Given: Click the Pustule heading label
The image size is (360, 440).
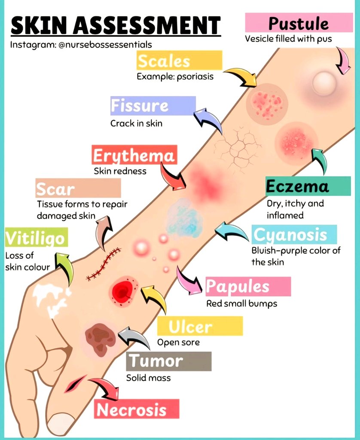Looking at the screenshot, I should tap(298, 23).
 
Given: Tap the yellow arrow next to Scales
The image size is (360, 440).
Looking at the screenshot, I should tap(241, 76).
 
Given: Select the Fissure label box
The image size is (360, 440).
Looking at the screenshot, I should tap(153, 106).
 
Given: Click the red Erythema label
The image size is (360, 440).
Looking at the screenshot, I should tap(134, 155).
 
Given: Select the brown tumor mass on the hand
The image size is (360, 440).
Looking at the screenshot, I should tap(100, 337).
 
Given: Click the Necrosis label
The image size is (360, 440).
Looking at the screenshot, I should tap(136, 409).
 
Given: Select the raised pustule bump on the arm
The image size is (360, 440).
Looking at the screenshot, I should tap(324, 83).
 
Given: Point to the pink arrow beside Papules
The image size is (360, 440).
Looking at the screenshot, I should tap(189, 281).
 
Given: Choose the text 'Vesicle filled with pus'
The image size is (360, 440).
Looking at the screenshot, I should tap(288, 39).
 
